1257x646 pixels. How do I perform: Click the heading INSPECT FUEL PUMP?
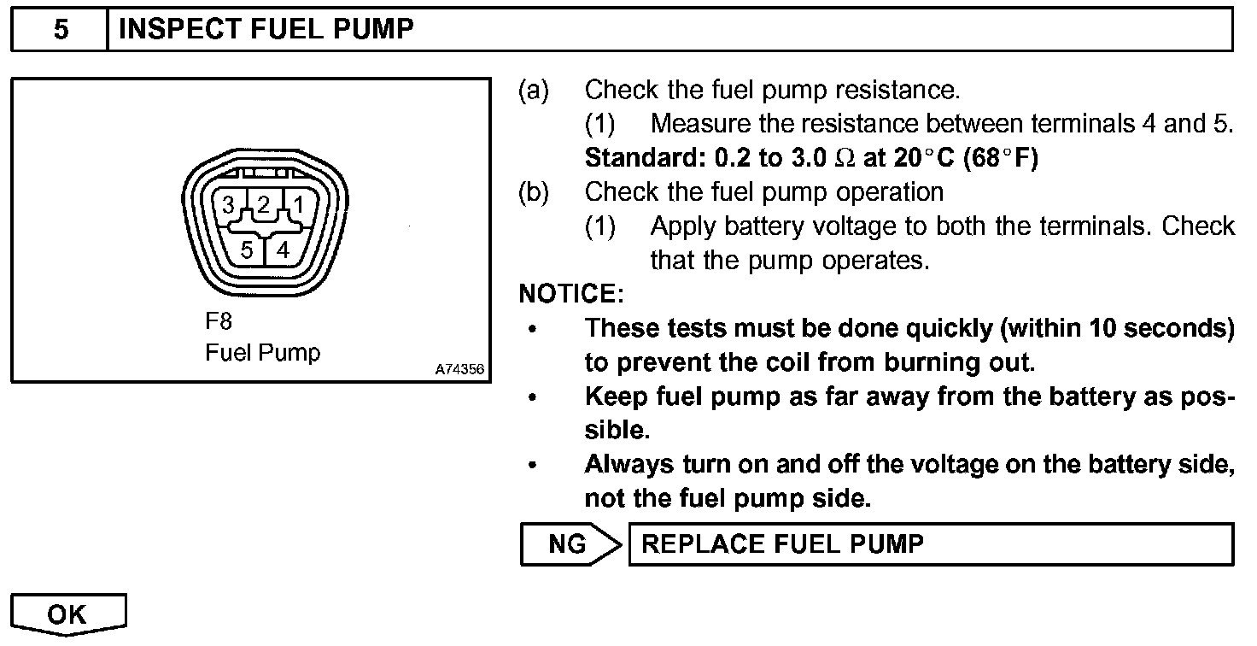(266, 31)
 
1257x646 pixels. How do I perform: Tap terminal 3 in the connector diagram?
(228, 205)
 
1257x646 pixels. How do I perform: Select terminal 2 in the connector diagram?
(264, 204)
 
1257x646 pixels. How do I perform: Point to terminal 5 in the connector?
(246, 250)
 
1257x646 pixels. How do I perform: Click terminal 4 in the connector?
(284, 250)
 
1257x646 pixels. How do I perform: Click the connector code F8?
(219, 322)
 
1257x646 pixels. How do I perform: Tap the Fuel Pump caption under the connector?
(262, 352)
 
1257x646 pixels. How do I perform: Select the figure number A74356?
(459, 370)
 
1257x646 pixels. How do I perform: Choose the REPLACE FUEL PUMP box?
(931, 544)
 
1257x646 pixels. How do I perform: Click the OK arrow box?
(68, 614)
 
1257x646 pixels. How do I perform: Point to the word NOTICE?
(571, 295)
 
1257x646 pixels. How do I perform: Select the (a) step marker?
(534, 90)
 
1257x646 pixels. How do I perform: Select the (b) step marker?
(534, 192)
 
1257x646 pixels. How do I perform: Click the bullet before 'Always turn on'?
(534, 467)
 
